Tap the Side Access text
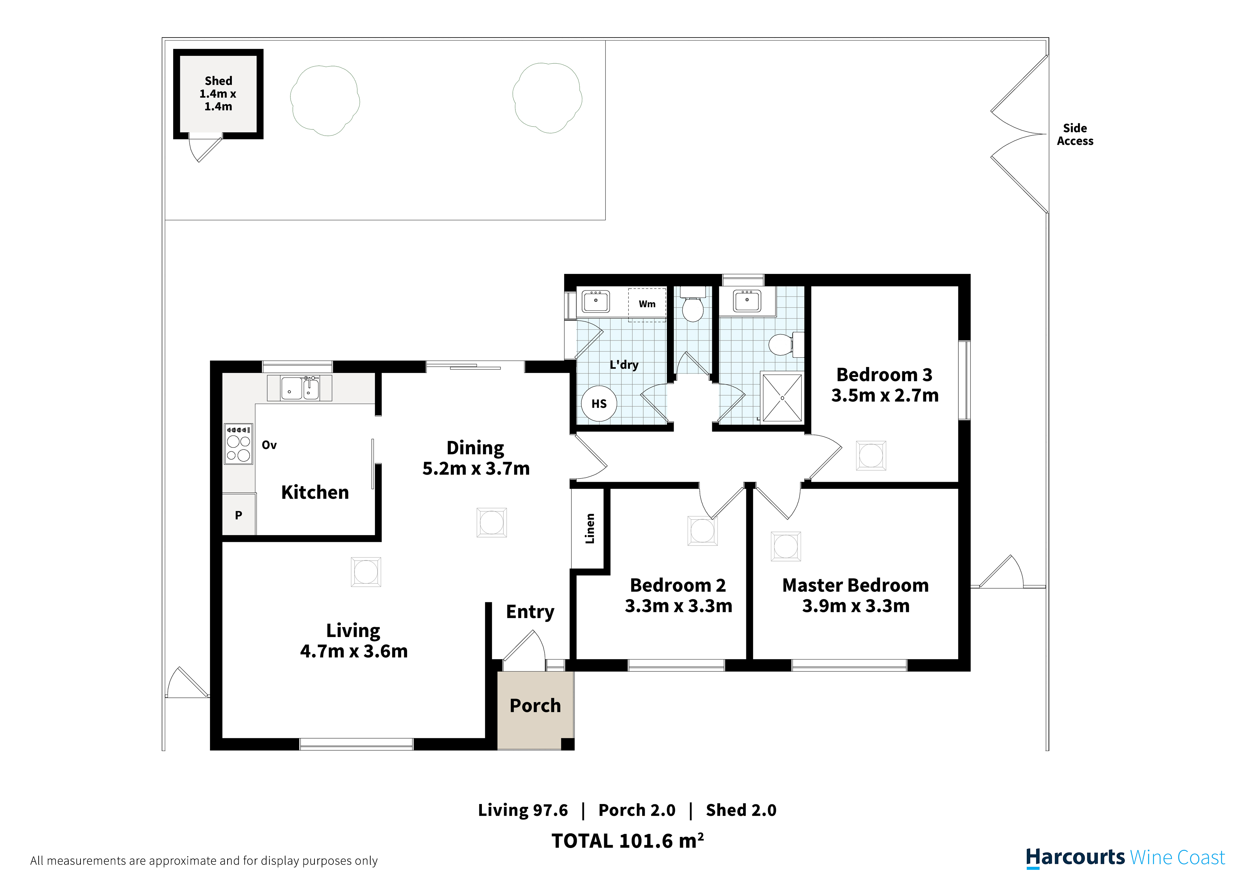[1075, 134]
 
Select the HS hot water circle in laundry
[599, 403]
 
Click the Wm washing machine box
[647, 304]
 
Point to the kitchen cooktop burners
[239, 444]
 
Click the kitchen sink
[299, 388]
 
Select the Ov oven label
[269, 445]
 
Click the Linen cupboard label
[590, 529]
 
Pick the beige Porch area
[535, 710]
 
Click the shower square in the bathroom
[782, 397]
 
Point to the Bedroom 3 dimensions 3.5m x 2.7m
[885, 395]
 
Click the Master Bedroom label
[855, 585]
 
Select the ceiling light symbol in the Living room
[366, 572]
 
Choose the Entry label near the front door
[530, 612]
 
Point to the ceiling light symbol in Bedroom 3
[871, 456]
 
